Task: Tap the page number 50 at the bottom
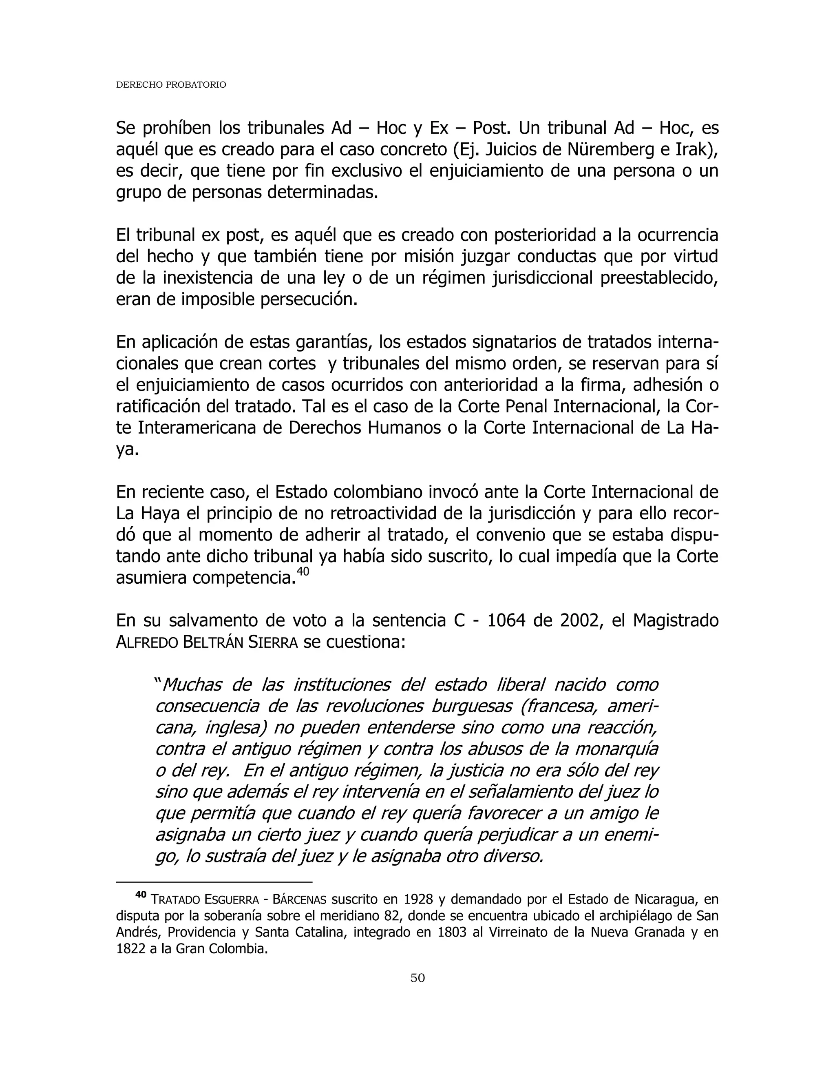(x=417, y=977)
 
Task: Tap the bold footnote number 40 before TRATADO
(x=141, y=895)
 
